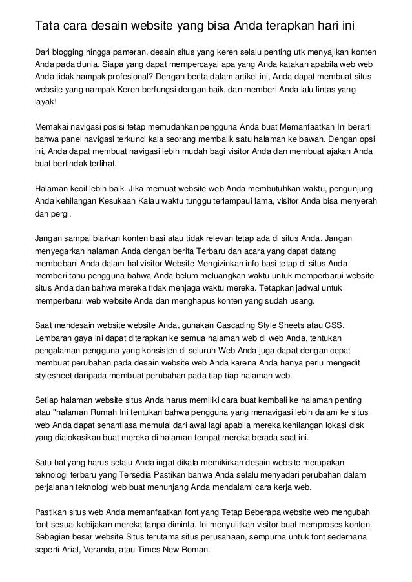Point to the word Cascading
pos(238,325)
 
